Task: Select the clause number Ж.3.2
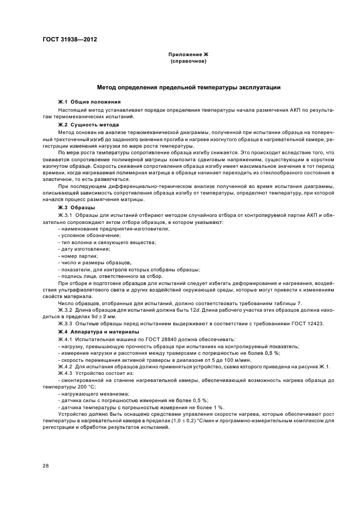[68, 310]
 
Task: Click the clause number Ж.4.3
[68, 373]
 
